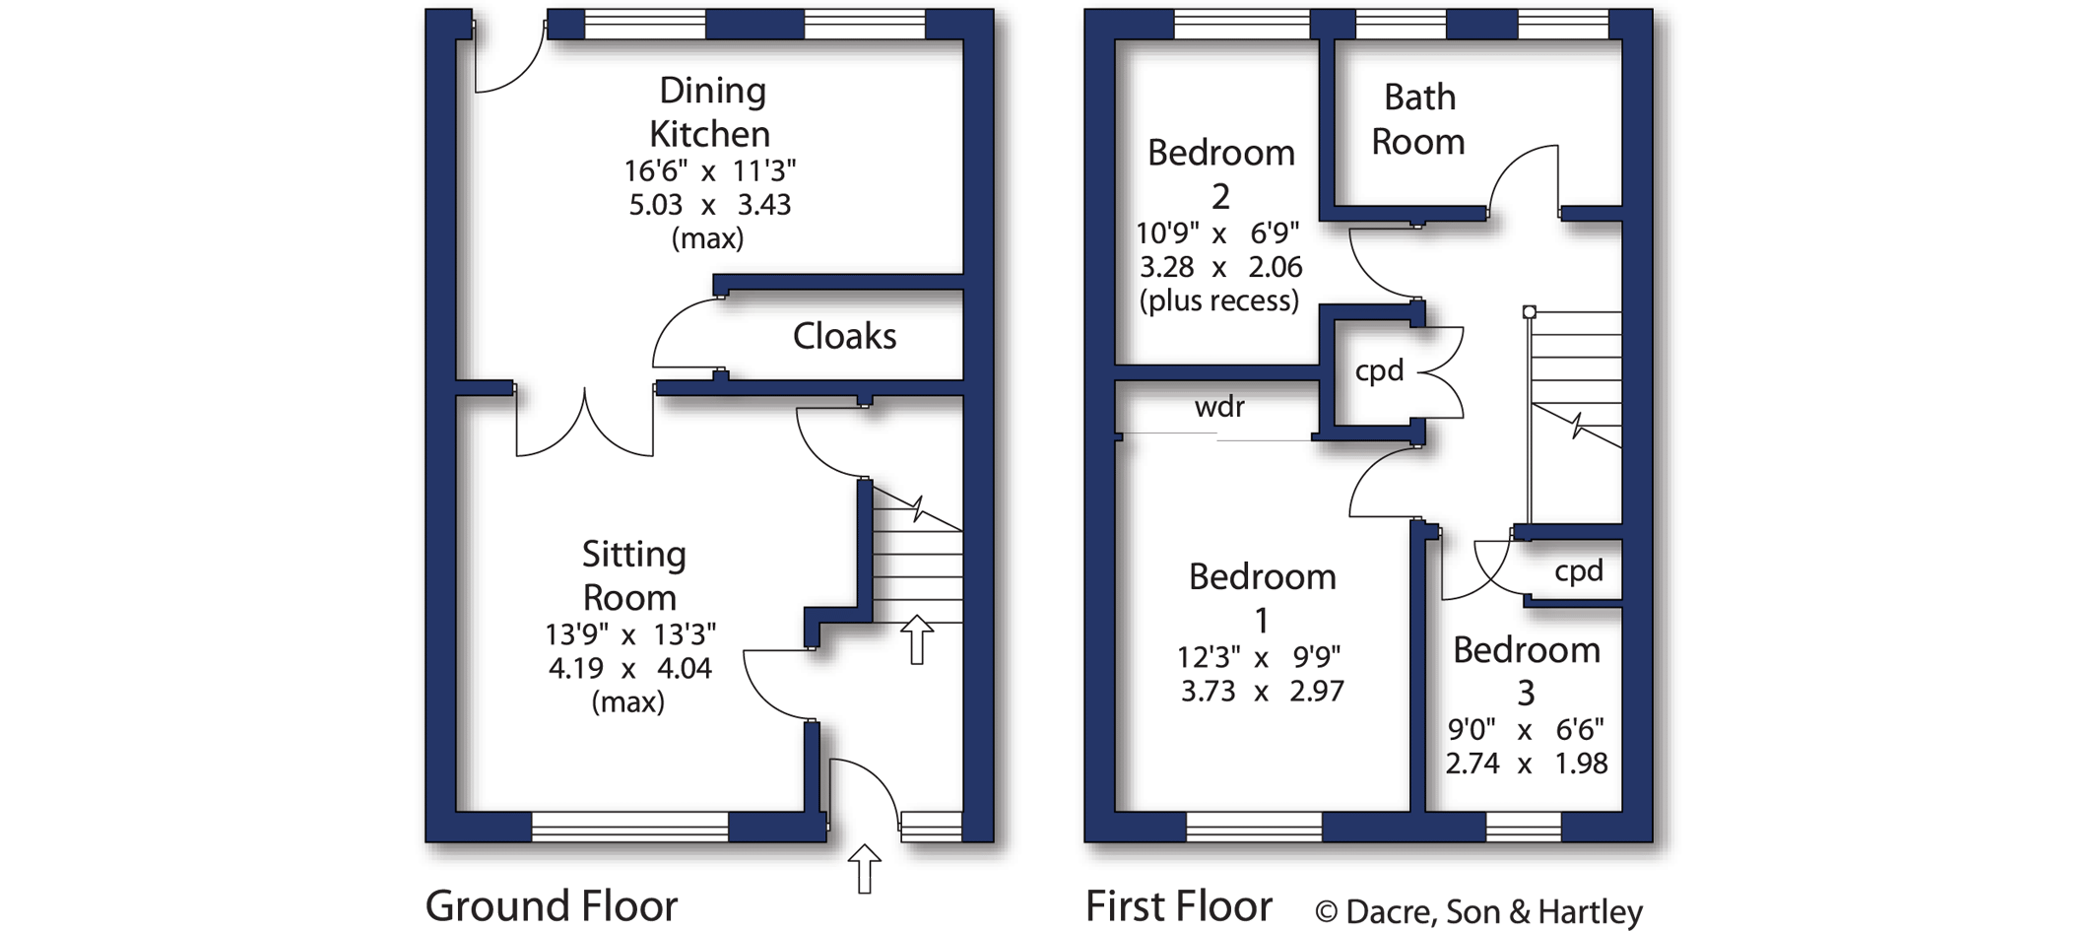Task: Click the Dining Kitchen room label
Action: (710, 111)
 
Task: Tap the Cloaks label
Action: (844, 337)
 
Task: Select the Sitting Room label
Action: (631, 575)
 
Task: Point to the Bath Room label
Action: (1418, 119)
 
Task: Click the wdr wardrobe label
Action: (1219, 407)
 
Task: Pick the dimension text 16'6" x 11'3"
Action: (709, 171)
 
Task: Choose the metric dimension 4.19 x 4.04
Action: (629, 668)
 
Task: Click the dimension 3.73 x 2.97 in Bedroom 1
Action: (1262, 691)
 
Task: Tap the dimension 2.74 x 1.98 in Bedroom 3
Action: (1526, 764)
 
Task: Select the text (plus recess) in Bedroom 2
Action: (1219, 300)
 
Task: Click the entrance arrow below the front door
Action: (864, 868)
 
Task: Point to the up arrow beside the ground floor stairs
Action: (917, 638)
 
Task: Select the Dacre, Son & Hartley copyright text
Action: (1478, 912)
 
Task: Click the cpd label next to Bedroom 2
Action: (1379, 371)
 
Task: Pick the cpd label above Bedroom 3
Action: (1578, 571)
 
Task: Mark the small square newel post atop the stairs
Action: (1529, 312)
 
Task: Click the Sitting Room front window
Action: (629, 827)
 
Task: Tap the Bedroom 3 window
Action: (1523, 827)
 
